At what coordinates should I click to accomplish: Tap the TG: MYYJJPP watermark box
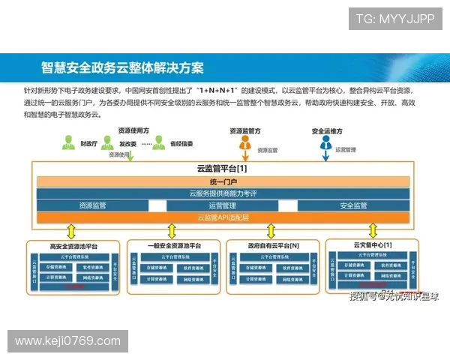click(394, 19)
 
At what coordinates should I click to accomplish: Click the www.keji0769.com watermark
click(68, 341)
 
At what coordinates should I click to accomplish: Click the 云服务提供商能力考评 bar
click(223, 193)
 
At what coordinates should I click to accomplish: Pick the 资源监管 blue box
click(92, 205)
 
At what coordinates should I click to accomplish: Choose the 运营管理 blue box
click(223, 205)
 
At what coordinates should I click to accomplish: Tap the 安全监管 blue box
click(353, 205)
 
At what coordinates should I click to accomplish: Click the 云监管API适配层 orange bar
click(223, 217)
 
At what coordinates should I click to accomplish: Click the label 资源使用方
click(133, 130)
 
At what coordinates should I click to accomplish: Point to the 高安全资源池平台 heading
click(73, 246)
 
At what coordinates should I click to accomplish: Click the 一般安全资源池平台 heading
click(174, 246)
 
